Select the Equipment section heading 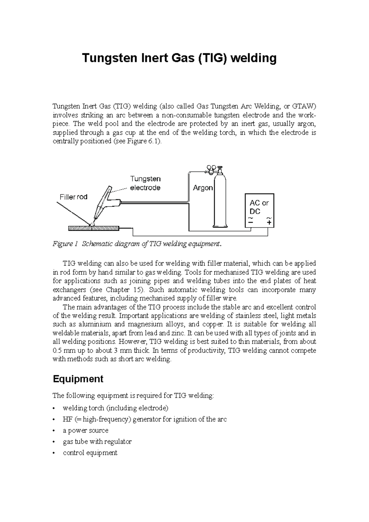[78, 379]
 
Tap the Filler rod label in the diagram [73, 197]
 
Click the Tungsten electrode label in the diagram [145, 183]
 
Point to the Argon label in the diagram [203, 188]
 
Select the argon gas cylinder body [219, 203]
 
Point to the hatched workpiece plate [93, 228]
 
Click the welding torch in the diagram [103, 203]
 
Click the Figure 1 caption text [137, 244]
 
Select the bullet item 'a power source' [85, 430]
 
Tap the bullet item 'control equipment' [90, 453]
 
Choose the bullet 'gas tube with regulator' [97, 442]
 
